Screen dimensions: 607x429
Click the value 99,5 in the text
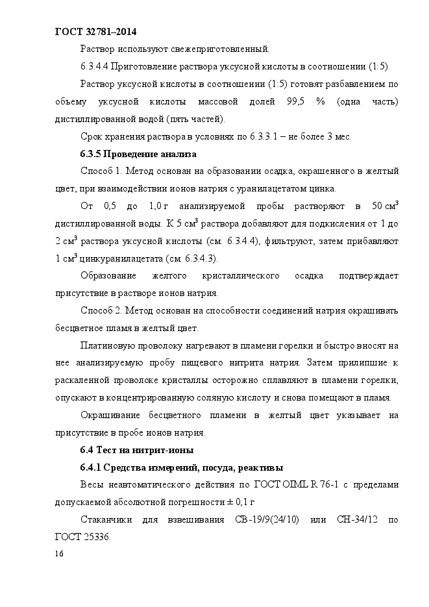tap(295, 102)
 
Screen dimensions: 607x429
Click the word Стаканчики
tap(106, 520)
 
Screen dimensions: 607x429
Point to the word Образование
tap(108, 276)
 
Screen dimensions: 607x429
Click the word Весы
tap(92, 484)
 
